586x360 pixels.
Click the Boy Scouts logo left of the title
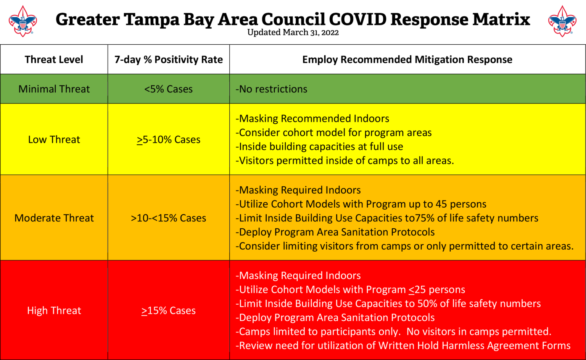point(23,21)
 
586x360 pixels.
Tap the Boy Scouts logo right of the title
point(562,21)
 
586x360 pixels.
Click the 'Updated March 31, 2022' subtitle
point(293,32)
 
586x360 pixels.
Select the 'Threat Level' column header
point(54,60)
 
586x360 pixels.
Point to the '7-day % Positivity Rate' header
point(168,60)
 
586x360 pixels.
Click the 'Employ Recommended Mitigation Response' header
point(407,60)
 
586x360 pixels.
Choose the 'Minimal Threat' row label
point(54,89)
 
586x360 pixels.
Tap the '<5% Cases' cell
point(168,89)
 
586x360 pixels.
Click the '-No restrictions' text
point(271,89)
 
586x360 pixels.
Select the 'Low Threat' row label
point(54,140)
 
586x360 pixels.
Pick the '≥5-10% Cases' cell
point(168,140)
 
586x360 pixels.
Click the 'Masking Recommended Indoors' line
point(312,119)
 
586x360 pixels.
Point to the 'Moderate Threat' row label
point(54,218)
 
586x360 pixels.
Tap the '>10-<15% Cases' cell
point(168,218)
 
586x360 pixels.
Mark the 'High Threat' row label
point(54,311)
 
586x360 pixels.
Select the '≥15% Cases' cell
point(168,311)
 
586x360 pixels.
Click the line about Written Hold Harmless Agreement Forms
point(403,345)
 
